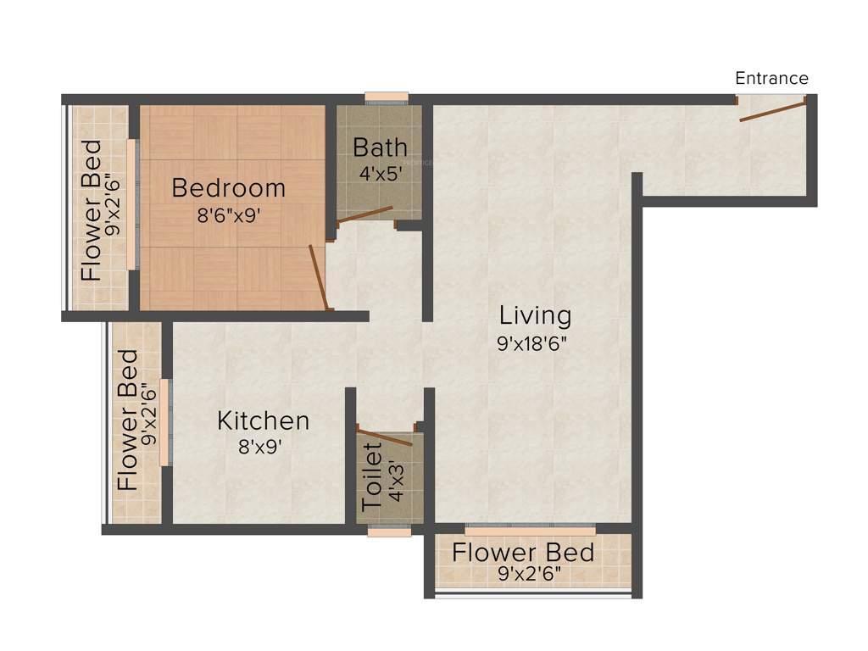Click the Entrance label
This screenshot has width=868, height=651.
pyautogui.click(x=771, y=79)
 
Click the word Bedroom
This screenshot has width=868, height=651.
pyautogui.click(x=228, y=187)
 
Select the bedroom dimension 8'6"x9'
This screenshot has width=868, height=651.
pyautogui.click(x=228, y=215)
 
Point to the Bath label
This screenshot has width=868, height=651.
pyautogui.click(x=380, y=147)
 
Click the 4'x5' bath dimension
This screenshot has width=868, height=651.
pyautogui.click(x=380, y=172)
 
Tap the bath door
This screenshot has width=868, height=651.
pyautogui.click(x=364, y=214)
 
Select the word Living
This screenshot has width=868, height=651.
pyautogui.click(x=535, y=315)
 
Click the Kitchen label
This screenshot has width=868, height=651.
pyautogui.click(x=263, y=420)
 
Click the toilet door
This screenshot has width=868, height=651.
pyautogui.click(x=384, y=437)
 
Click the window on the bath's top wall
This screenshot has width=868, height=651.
pyautogui.click(x=387, y=97)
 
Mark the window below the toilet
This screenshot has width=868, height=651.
pyautogui.click(x=389, y=531)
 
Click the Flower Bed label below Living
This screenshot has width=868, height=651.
pyautogui.click(x=522, y=553)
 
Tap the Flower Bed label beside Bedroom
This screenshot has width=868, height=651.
pyautogui.click(x=92, y=210)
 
